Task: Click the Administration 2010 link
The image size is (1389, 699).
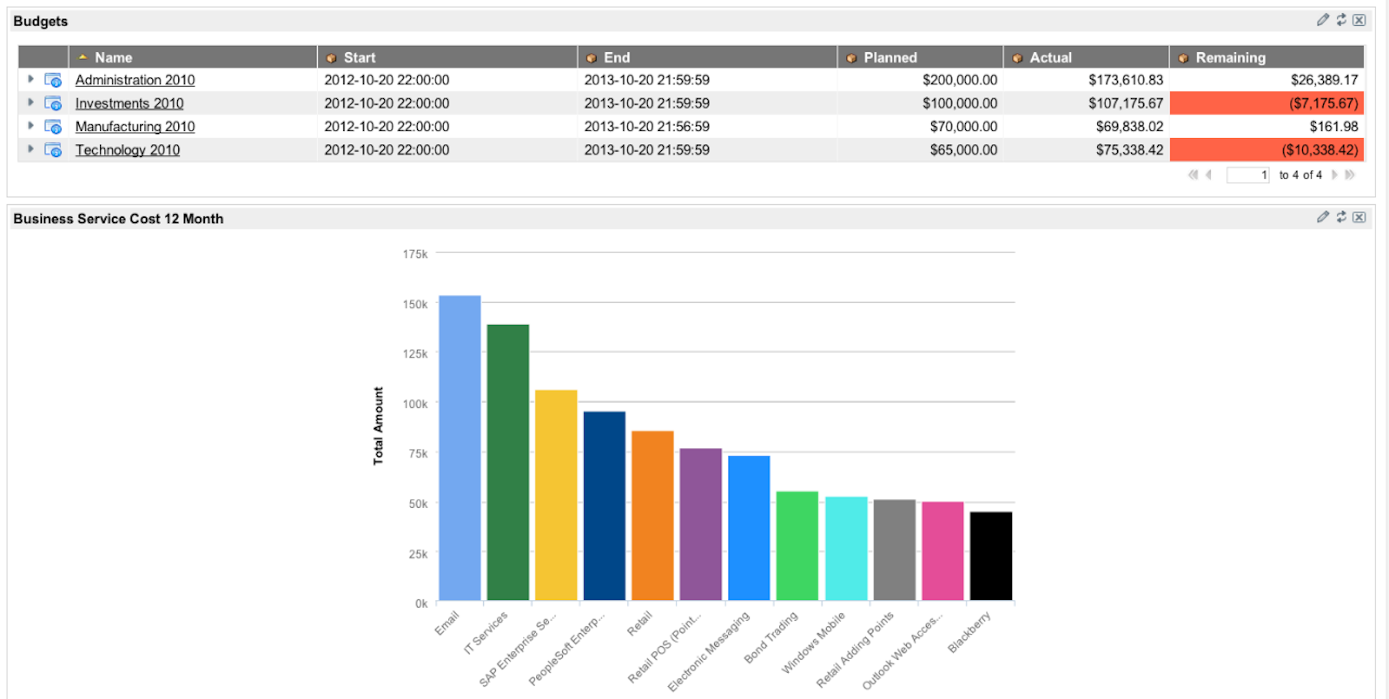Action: click(135, 80)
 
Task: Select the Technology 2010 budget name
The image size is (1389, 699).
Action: click(127, 150)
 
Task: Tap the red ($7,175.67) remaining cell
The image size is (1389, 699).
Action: click(1267, 103)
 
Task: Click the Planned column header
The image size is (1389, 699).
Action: click(890, 57)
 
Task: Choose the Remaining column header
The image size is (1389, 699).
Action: click(1230, 57)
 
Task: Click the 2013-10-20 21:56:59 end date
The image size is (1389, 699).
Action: click(647, 127)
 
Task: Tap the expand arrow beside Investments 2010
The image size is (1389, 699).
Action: click(31, 103)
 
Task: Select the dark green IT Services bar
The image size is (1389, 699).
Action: click(507, 461)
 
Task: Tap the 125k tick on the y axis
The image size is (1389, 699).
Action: click(415, 354)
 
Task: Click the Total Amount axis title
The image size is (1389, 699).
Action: click(378, 426)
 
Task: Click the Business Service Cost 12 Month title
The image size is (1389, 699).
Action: click(118, 219)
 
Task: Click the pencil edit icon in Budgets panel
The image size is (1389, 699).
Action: click(1323, 20)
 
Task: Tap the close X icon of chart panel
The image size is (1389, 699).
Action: click(1359, 217)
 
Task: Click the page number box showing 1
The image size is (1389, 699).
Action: click(1248, 175)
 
